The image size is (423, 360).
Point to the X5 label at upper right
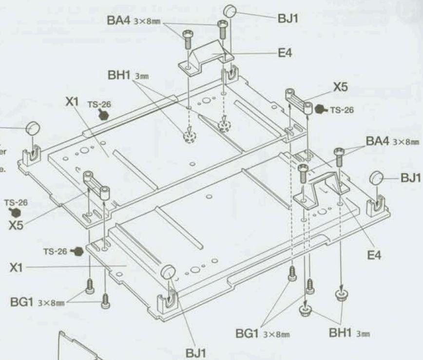341,87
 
